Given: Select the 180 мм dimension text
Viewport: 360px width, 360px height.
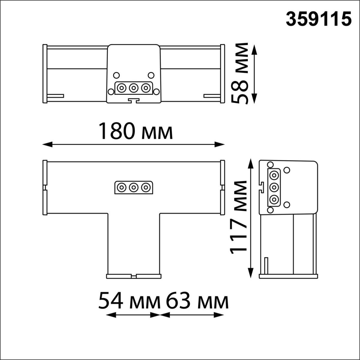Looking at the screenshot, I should [x=136, y=131].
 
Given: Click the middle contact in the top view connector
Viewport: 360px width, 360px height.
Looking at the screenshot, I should [x=133, y=88].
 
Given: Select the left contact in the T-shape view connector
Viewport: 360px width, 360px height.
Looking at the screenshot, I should [x=121, y=187].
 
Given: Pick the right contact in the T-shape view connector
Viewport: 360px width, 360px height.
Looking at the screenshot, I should [x=146, y=187].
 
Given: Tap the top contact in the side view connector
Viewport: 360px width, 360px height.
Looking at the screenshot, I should [x=273, y=175].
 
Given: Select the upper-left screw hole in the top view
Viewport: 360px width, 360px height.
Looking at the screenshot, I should [x=116, y=75].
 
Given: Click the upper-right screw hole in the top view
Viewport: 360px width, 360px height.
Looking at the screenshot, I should [x=151, y=75].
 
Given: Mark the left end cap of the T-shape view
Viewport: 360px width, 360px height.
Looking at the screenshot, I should [x=45, y=187].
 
